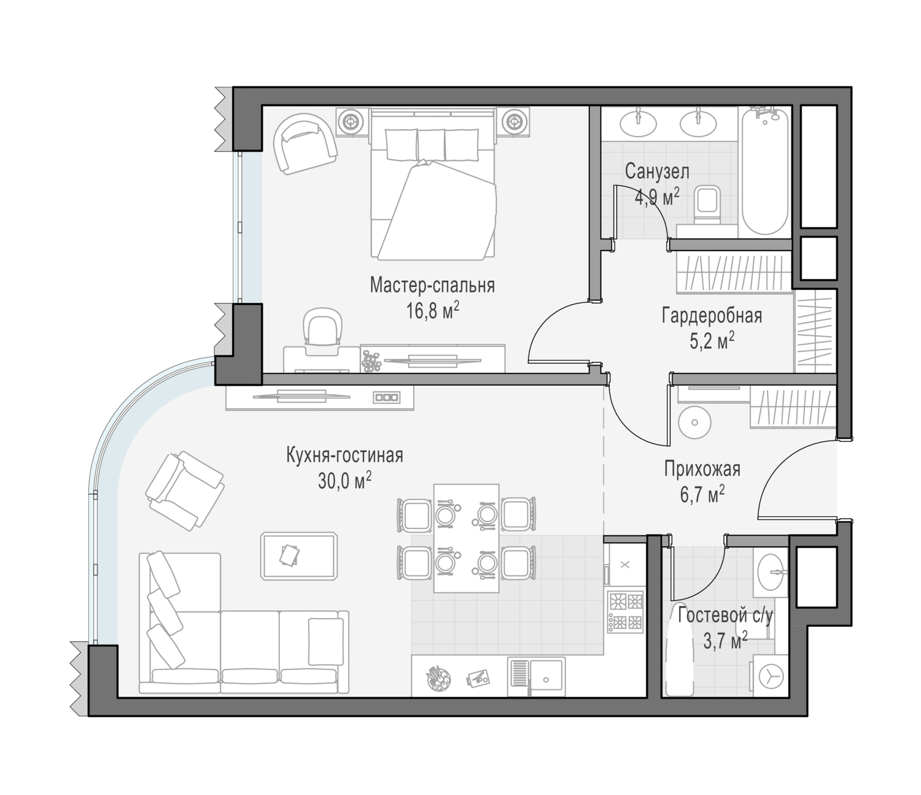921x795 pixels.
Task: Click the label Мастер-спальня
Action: (432, 285)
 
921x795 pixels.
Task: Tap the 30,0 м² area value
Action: (344, 481)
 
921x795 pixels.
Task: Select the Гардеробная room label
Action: (712, 315)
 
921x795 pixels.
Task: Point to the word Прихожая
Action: (702, 469)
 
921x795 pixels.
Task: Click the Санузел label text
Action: (657, 171)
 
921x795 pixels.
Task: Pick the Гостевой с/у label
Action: (725, 616)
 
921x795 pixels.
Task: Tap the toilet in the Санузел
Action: (707, 205)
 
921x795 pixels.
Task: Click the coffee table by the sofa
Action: (298, 556)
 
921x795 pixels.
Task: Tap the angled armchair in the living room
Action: (185, 490)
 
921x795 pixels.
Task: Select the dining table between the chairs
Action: (467, 538)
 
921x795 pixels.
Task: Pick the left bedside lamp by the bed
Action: (352, 121)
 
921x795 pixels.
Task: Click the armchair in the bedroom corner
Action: (305, 144)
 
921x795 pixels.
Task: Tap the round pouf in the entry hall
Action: (694, 423)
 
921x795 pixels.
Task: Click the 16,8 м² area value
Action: (432, 311)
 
